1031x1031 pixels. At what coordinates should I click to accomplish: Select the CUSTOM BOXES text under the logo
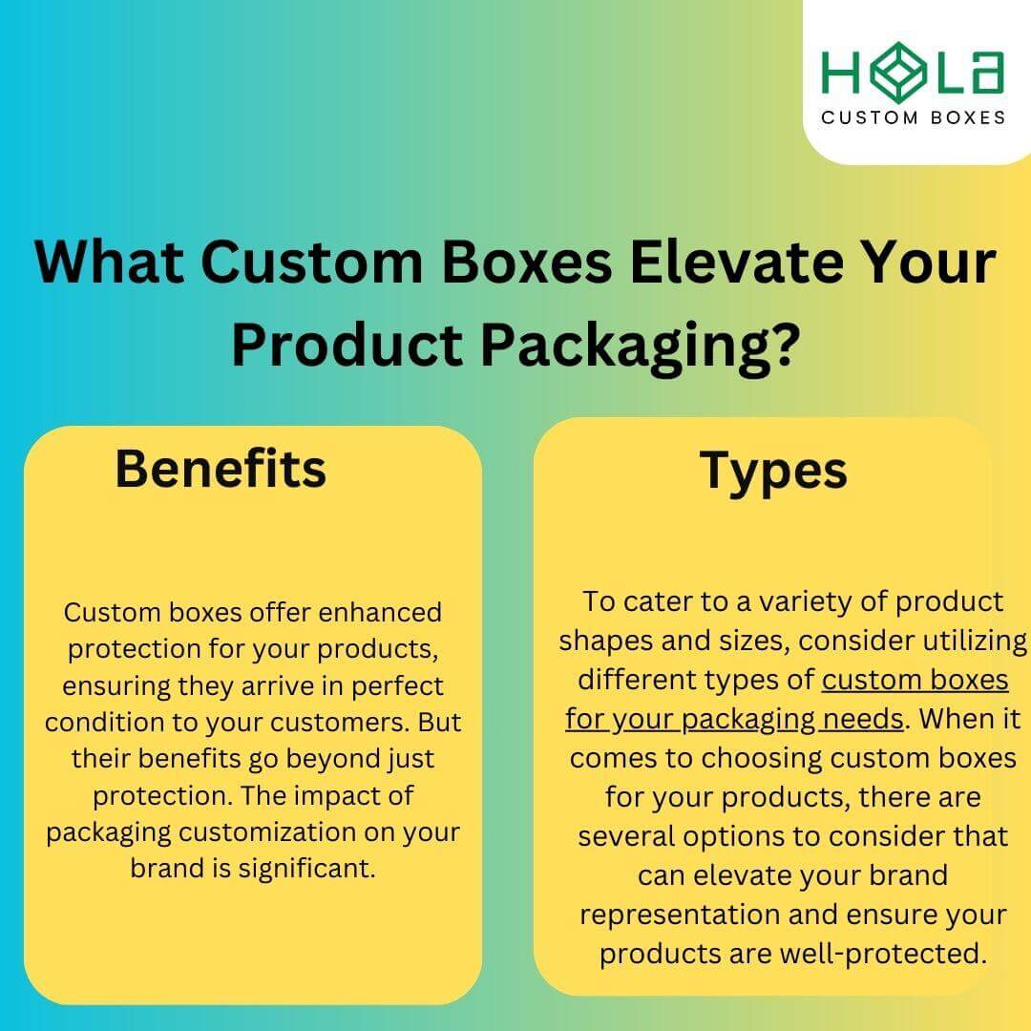(x=914, y=117)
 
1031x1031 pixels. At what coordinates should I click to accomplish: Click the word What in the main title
(x=107, y=263)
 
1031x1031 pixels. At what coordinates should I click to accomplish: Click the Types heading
(x=773, y=470)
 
